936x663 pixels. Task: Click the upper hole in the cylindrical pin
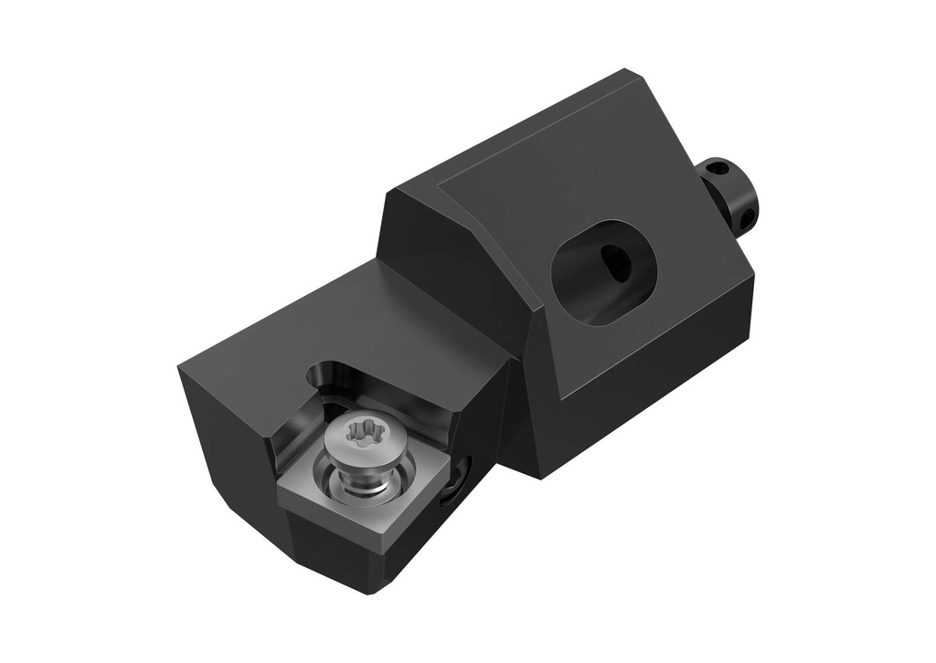715,168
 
